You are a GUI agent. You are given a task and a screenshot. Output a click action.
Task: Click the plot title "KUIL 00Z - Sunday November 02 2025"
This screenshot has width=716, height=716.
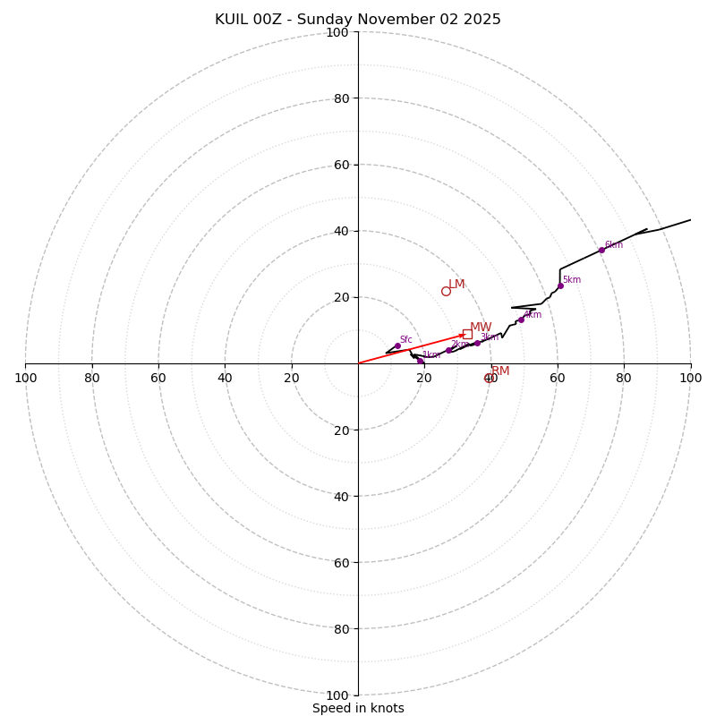coord(358,20)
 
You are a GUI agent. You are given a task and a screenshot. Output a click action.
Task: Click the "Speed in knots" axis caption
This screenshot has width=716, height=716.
coord(358,708)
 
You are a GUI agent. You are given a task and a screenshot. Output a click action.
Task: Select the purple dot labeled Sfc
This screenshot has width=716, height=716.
coord(397,345)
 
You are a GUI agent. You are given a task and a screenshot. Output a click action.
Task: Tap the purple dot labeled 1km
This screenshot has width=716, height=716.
coord(420,361)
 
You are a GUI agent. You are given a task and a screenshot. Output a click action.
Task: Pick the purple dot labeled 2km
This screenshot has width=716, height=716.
coord(448,350)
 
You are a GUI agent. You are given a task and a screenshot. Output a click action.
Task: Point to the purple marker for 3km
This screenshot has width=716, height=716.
coord(477,343)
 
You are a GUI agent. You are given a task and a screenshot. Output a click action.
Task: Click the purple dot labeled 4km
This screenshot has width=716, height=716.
coord(521,320)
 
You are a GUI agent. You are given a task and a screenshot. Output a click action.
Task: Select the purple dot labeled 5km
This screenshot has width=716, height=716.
coord(560,286)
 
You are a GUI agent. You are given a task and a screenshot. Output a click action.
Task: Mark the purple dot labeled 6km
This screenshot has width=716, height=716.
coord(601,250)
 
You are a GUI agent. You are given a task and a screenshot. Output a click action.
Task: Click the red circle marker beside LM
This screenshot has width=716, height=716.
coord(446,291)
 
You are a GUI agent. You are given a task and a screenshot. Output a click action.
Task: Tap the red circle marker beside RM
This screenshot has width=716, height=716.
coord(489,378)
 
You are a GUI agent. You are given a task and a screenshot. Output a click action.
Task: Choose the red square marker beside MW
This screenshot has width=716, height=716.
coord(467,334)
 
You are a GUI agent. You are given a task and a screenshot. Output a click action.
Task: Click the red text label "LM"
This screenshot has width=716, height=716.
coord(456,284)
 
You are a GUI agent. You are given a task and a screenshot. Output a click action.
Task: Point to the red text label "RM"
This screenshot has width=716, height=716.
coord(500,371)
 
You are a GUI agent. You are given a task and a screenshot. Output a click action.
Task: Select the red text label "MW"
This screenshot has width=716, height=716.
coord(481,327)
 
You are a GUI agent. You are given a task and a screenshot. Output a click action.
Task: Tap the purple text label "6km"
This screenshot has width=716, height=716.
coord(613,244)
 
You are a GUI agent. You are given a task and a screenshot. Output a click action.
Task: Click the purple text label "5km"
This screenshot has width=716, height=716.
coord(571,279)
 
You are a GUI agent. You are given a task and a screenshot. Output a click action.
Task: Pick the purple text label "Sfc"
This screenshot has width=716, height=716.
coord(405,339)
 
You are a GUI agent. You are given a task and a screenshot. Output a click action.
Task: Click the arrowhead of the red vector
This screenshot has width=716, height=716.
coord(464,335)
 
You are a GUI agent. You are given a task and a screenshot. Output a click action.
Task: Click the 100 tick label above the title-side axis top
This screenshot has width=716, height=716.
coord(337,32)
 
